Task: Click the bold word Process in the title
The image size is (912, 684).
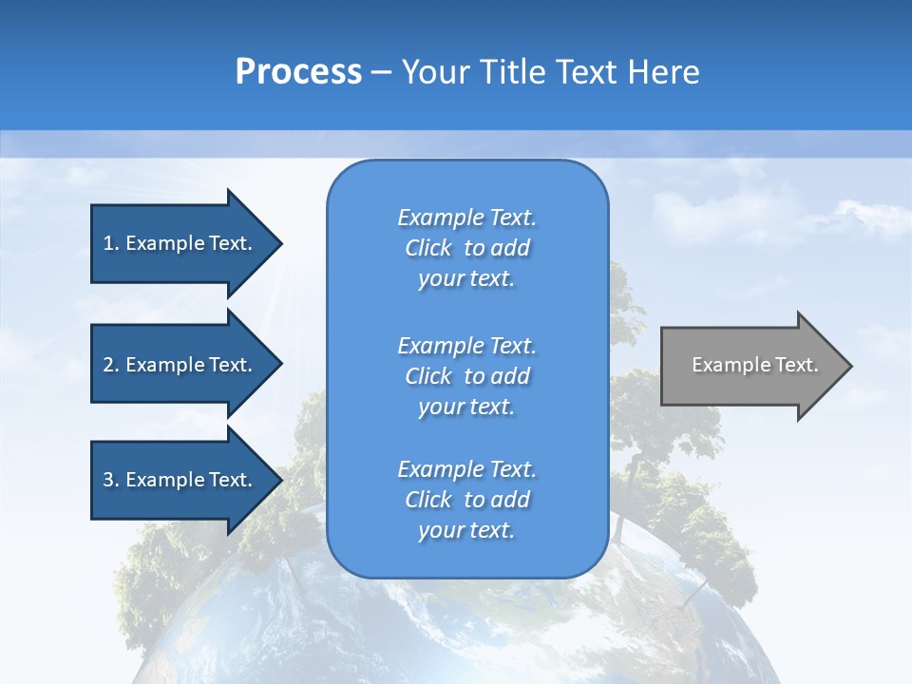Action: coord(298,72)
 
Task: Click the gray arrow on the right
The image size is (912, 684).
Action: coord(750,366)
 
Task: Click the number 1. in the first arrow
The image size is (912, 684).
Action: coord(111,243)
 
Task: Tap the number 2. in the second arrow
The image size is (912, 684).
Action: coord(111,365)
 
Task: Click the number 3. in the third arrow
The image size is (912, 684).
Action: coord(111,480)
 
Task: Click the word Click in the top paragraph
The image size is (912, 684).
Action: coord(428,248)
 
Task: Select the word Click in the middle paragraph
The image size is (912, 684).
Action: coord(428,376)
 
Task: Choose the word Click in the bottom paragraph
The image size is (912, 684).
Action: coord(428,500)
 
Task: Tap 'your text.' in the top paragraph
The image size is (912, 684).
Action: coord(466,279)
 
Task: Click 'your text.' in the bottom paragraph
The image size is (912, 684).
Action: coord(466,531)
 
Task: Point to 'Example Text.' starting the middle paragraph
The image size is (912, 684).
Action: coord(466,345)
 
